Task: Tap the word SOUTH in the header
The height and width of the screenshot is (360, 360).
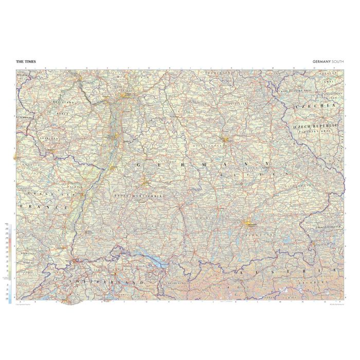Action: click(337, 62)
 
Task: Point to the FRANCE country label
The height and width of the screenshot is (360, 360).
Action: click(44, 206)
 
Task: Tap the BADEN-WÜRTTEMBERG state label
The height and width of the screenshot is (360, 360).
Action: click(139, 196)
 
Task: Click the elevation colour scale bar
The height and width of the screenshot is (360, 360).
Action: click(11, 262)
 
